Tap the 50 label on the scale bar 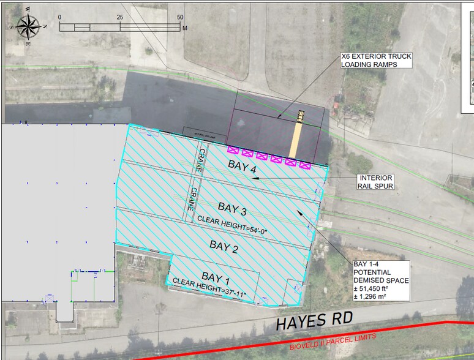tap(180, 17)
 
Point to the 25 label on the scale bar tap(120, 17)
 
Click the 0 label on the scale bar tap(60, 17)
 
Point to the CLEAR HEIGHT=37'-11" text tap(209, 290)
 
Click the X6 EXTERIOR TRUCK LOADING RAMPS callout tap(376, 60)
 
